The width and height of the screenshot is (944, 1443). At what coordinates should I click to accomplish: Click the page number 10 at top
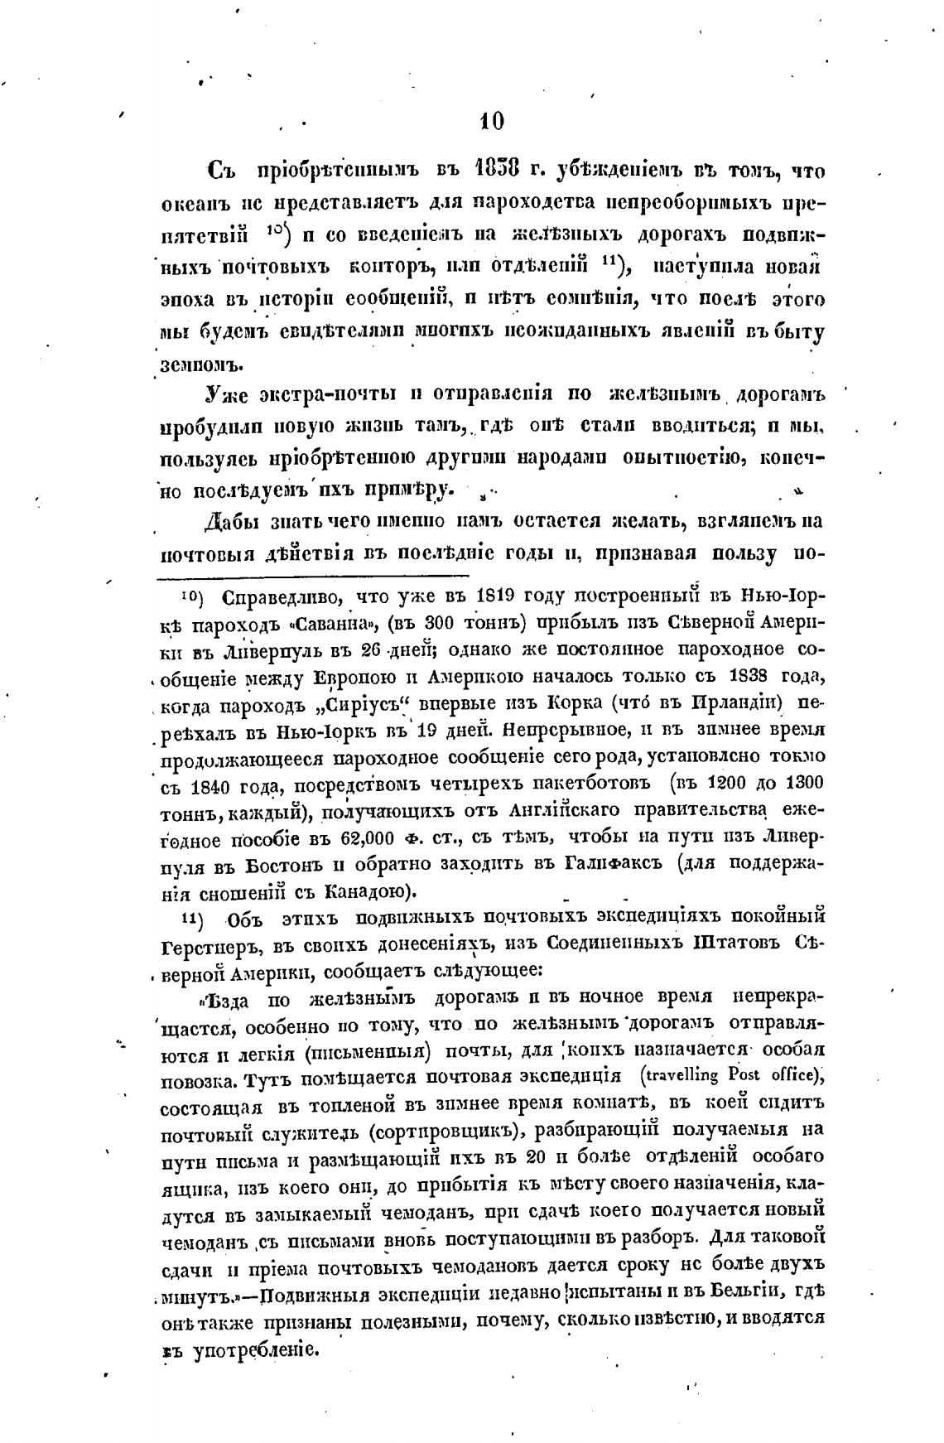pyautogui.click(x=491, y=122)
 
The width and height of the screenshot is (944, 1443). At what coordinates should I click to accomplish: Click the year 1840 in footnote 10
pyautogui.click(x=206, y=785)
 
